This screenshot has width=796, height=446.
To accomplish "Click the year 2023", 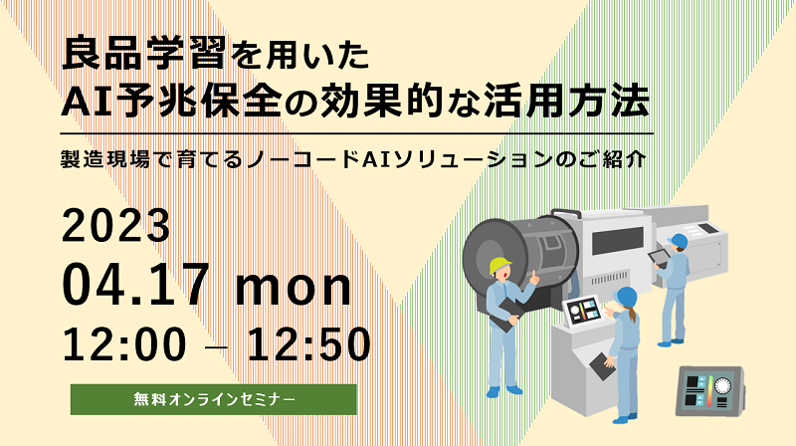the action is tap(115, 226).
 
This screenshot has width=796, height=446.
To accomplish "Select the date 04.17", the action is tap(135, 284).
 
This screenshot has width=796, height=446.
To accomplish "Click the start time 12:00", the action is tap(124, 344).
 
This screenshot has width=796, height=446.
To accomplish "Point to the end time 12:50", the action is tap(308, 344).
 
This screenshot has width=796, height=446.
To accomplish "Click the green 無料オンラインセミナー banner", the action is tap(214, 399).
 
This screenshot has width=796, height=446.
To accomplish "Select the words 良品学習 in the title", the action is tap(143, 54).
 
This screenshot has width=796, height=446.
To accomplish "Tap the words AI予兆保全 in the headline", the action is tap(171, 102).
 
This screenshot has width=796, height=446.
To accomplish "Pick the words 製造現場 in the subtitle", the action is tap(105, 159).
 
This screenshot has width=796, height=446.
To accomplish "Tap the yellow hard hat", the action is tap(500, 265).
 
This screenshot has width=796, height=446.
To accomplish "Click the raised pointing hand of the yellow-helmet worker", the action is tap(533, 278).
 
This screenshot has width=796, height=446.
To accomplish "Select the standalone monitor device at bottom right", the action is tap(710, 391).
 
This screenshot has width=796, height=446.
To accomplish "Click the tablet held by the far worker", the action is tap(659, 257).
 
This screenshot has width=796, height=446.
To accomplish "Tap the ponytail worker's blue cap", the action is tap(626, 296).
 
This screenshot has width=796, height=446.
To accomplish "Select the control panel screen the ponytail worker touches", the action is tap(582, 311).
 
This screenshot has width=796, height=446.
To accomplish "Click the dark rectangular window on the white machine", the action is tap(618, 241).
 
